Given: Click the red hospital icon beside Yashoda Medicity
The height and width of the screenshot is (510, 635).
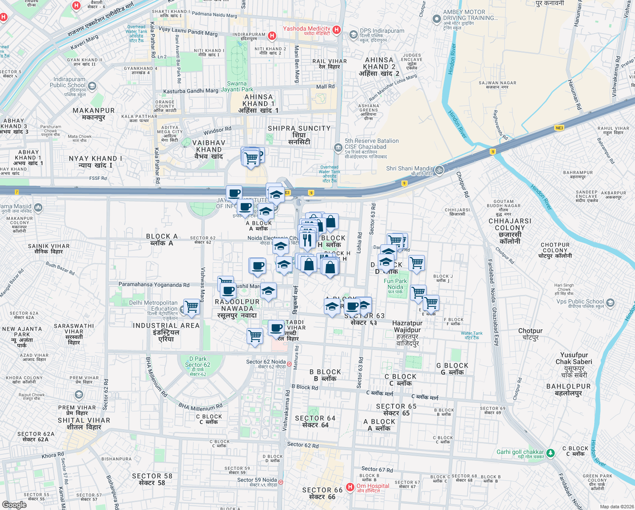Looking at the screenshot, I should coord(337,29).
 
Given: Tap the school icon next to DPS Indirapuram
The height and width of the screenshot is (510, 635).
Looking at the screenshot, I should coord(353,35).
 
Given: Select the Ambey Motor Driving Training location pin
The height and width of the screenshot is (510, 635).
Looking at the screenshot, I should coord(436,19).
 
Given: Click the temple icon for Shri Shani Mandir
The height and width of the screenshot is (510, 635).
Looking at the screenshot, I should coord(439,170).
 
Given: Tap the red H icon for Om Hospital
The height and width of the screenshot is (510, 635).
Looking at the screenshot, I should coord(350,487).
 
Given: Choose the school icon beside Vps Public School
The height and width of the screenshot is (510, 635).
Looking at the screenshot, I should coord(610,303).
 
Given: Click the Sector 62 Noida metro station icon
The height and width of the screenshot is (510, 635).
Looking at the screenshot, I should coord(289,364).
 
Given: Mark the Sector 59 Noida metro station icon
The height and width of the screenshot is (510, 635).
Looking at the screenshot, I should coord(281,482).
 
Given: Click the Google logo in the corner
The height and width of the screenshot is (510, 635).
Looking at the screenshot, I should coord(14,504).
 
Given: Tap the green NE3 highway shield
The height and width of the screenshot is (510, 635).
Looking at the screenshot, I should coord(559,128).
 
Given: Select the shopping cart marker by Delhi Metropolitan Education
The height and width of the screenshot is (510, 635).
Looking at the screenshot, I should coord(192,306).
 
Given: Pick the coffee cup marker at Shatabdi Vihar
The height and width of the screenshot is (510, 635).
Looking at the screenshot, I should coord(276,328).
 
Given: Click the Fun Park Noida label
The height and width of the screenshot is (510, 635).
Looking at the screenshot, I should coord(395,284).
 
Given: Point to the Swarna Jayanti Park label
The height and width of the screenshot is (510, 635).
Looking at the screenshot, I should coord(237,86).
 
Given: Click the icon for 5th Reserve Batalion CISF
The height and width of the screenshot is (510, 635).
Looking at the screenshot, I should coord(338,147).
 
